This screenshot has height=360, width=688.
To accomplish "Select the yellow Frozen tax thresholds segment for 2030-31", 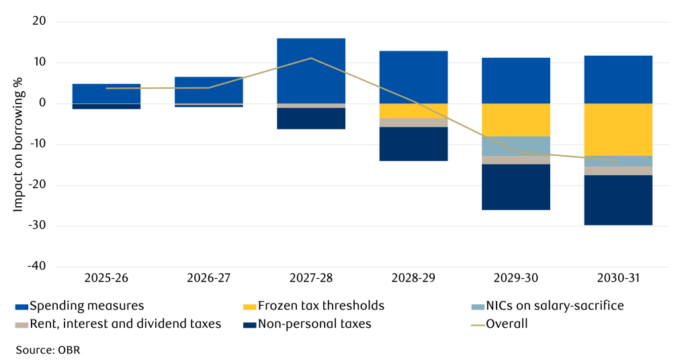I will pyautogui.click(x=618, y=129).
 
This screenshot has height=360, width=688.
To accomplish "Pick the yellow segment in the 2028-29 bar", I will pyautogui.click(x=413, y=111).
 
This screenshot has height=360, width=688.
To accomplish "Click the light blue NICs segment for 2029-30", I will pyautogui.click(x=516, y=146).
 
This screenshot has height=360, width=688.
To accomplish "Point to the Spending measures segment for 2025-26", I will pyautogui.click(x=106, y=93).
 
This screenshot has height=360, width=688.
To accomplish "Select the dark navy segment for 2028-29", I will pyautogui.click(x=413, y=144).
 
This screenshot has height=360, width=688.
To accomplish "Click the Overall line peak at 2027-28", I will pyautogui.click(x=311, y=58).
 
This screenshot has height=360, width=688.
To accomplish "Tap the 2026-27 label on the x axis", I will pyautogui.click(x=208, y=277).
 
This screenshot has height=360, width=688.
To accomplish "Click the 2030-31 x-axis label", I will pyautogui.click(x=618, y=277).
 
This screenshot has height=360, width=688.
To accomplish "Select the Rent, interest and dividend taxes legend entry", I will pyautogui.click(x=118, y=324).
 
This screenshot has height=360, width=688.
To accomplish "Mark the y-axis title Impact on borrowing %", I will pyautogui.click(x=18, y=144).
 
